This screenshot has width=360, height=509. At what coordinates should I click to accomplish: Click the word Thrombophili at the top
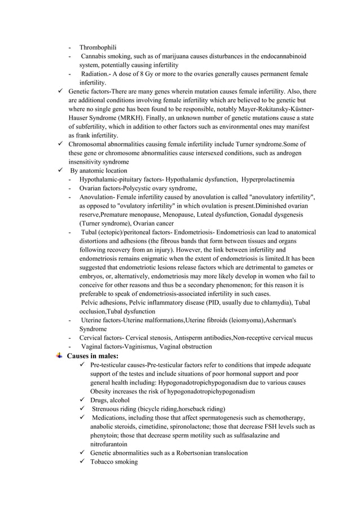(x=98, y=47)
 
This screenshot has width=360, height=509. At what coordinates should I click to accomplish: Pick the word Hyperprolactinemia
(x=268, y=179)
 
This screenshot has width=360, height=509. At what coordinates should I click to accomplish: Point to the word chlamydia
(x=273, y=302)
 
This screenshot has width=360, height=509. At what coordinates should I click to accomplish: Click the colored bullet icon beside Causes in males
(x=60, y=356)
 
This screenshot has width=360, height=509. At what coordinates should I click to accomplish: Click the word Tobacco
(x=103, y=462)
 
